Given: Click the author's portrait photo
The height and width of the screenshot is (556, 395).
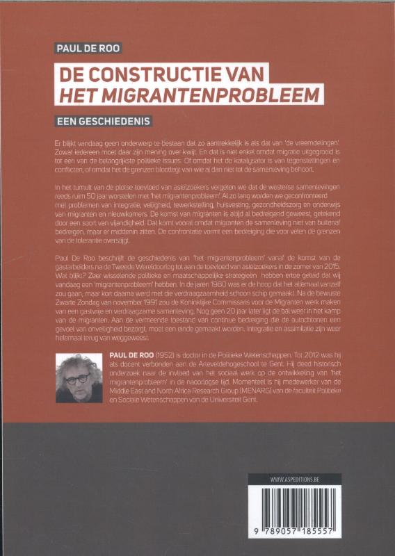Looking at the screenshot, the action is [x=77, y=379].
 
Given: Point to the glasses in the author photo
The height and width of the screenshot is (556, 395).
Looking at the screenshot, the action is [x=76, y=379].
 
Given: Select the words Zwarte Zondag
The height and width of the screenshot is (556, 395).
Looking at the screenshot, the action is [x=79, y=305].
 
